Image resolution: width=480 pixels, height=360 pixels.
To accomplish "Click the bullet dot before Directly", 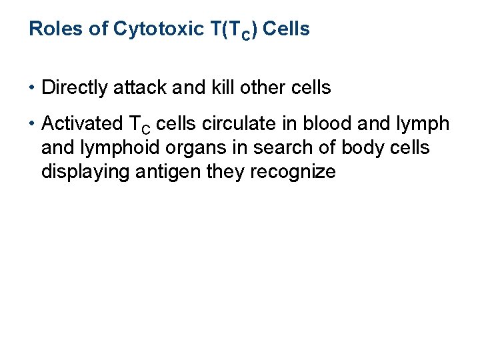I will pos(32,87).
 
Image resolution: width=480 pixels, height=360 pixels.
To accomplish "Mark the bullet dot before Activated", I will pos(32,124).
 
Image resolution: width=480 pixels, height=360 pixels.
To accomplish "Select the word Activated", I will pos(77,124).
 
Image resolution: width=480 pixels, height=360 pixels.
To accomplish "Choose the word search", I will pos(250,148).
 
